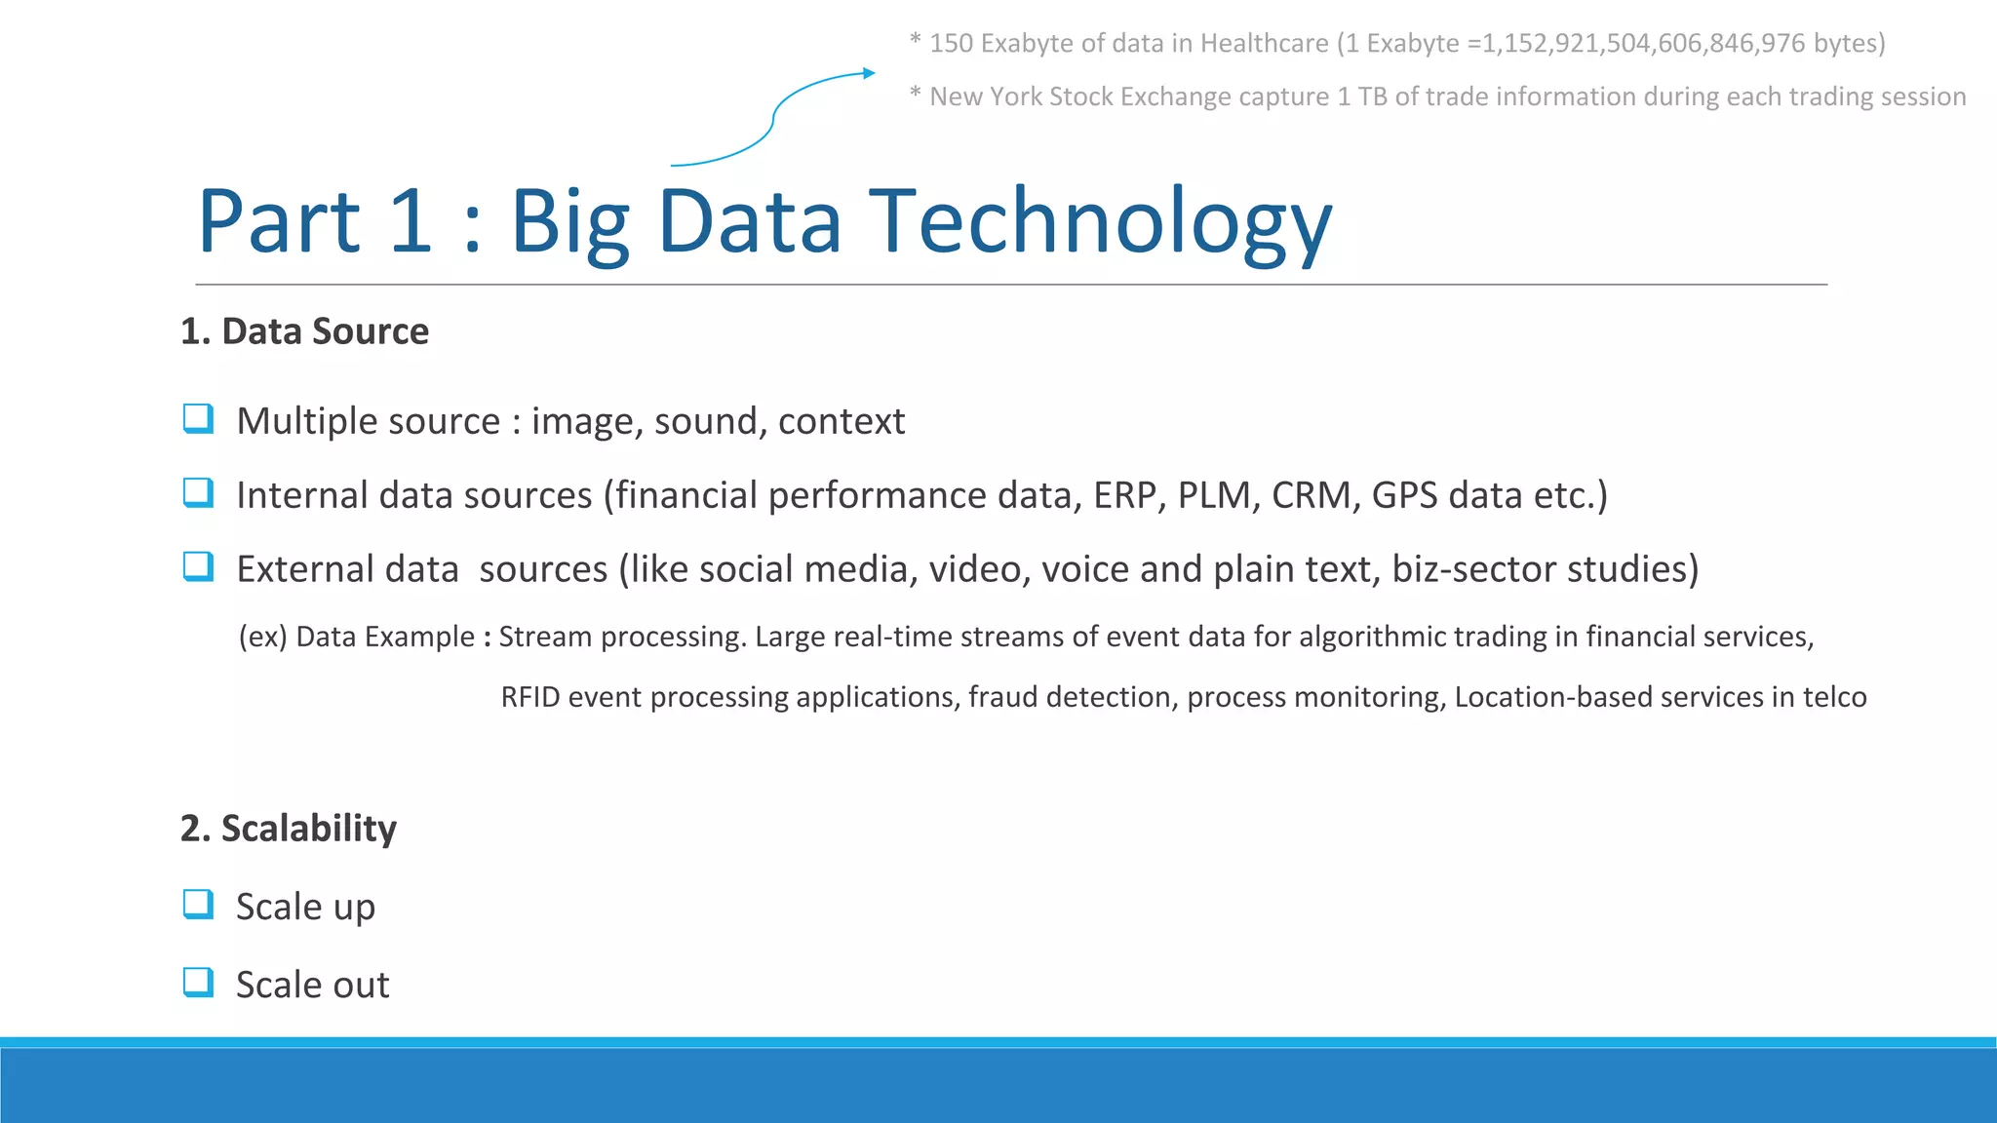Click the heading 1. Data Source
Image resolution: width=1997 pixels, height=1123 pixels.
click(304, 331)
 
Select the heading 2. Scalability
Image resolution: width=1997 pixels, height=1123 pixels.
click(289, 829)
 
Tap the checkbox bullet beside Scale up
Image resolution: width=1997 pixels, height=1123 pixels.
click(198, 905)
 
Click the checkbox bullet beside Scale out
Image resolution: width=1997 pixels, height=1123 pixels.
click(198, 983)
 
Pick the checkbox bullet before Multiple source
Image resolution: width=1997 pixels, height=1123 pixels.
click(198, 419)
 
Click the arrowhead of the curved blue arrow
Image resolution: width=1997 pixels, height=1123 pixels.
click(869, 73)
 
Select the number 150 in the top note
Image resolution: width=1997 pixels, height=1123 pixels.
click(951, 44)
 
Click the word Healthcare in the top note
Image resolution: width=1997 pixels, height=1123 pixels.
click(1264, 44)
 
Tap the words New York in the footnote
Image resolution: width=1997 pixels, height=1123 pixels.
click(986, 97)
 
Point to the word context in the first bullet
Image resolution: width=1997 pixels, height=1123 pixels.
click(842, 421)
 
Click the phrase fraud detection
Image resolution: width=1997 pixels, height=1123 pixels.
click(1070, 697)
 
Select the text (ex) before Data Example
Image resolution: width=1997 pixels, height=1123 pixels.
click(262, 637)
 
